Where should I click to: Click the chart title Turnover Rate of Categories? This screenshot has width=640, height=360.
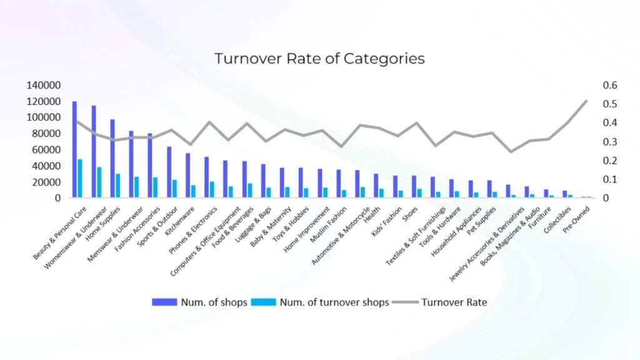pyautogui.click(x=319, y=58)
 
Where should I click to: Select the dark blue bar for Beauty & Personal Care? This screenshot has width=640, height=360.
pyautogui.click(x=75, y=149)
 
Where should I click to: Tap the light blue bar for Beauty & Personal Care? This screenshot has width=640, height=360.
pyautogui.click(x=80, y=178)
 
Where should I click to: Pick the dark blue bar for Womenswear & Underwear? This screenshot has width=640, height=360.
pyautogui.click(x=94, y=151)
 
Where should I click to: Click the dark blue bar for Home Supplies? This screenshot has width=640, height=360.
pyautogui.click(x=112, y=158)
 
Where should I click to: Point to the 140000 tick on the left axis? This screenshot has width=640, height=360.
pyautogui.click(x=44, y=85)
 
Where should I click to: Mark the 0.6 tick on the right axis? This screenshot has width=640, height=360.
pyautogui.click(x=610, y=85)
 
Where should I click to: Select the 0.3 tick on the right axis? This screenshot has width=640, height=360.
pyautogui.click(x=610, y=142)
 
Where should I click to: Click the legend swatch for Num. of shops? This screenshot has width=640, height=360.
pyautogui.click(x=164, y=302)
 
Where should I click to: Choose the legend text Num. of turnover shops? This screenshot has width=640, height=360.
pyautogui.click(x=334, y=302)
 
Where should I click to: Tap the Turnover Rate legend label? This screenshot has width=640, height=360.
pyautogui.click(x=454, y=302)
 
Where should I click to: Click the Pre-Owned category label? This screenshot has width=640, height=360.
pyautogui.click(x=576, y=219)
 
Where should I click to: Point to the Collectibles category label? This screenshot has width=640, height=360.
pyautogui.click(x=557, y=220)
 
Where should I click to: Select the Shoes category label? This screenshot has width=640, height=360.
pyautogui.click(x=410, y=214)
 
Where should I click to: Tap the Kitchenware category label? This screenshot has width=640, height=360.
pyautogui.click(x=179, y=221)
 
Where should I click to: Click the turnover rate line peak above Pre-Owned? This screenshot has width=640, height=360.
pyautogui.click(x=586, y=101)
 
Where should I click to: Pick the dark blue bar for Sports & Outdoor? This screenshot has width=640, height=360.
pyautogui.click(x=169, y=172)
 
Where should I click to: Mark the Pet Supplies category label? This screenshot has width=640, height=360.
pyautogui.click(x=481, y=221)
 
